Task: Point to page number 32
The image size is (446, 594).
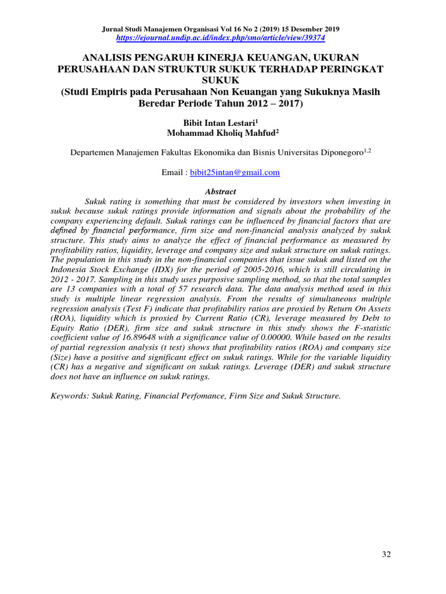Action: (x=386, y=554)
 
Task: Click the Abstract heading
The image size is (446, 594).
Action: (x=221, y=191)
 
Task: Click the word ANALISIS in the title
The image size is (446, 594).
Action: (x=108, y=57)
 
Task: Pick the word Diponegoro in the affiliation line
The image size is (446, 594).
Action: (x=337, y=153)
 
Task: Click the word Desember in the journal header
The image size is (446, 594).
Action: (x=305, y=29)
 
